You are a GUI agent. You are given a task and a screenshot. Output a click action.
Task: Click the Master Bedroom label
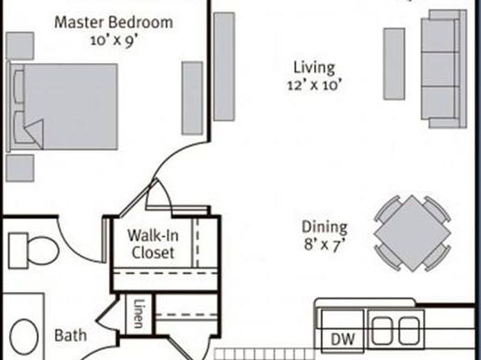(114, 23)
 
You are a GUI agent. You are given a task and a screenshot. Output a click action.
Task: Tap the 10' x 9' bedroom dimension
(113, 40)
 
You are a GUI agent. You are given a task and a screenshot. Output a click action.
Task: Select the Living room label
(314, 68)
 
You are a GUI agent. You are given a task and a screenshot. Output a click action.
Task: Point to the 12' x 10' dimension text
(315, 85)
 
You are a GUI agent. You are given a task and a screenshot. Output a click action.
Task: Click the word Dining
(324, 228)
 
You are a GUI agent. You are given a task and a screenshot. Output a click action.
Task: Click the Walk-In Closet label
(153, 245)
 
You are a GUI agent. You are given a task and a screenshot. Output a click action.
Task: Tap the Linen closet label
(139, 314)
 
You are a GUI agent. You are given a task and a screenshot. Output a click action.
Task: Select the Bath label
(70, 336)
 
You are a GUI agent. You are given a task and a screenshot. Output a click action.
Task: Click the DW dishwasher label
(343, 340)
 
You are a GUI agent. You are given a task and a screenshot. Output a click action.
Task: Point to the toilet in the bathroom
(33, 250)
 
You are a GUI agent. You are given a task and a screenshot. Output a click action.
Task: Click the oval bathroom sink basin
(24, 337)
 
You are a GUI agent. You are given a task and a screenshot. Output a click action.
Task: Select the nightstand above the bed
(20, 46)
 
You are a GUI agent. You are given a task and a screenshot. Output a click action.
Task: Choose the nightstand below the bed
(20, 168)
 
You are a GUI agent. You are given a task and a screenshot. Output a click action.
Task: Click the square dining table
(412, 233)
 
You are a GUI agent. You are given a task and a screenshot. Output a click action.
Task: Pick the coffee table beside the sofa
(394, 64)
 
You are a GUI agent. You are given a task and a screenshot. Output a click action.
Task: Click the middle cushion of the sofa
(440, 69)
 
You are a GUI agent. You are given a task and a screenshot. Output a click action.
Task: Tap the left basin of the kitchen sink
(383, 331)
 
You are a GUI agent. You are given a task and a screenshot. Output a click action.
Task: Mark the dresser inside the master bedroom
(192, 98)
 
